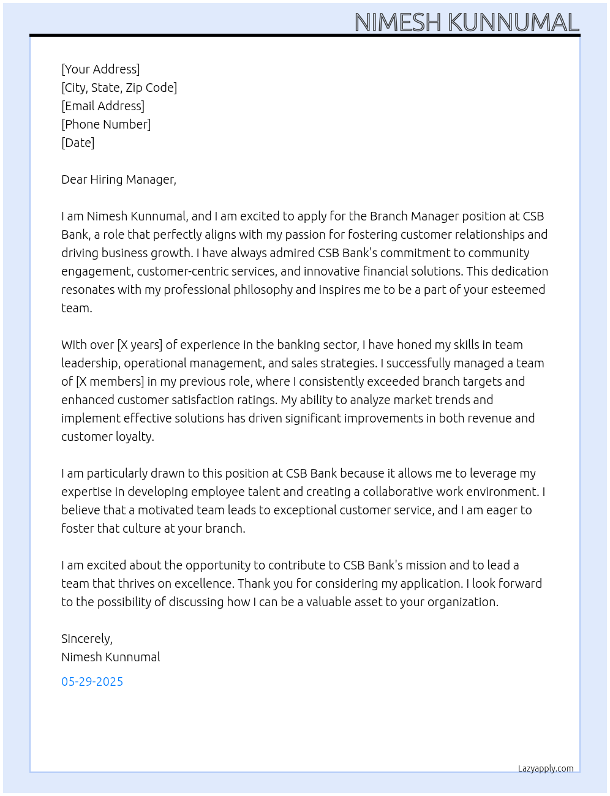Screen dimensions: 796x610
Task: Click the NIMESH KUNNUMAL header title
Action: click(467, 23)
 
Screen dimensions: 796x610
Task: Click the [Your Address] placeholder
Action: click(100, 69)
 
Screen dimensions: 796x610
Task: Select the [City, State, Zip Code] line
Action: click(119, 88)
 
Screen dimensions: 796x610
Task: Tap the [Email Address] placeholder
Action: click(103, 106)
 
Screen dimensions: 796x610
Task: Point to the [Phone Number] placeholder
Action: click(106, 124)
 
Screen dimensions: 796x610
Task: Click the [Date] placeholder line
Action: click(78, 143)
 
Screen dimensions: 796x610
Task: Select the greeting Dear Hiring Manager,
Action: click(119, 179)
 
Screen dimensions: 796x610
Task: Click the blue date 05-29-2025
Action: click(92, 681)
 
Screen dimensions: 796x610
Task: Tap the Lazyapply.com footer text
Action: click(546, 768)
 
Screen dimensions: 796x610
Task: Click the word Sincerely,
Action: click(87, 639)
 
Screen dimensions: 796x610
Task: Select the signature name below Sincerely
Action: click(111, 657)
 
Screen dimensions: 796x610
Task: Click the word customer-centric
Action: click(175, 271)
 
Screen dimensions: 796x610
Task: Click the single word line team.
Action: click(77, 308)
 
